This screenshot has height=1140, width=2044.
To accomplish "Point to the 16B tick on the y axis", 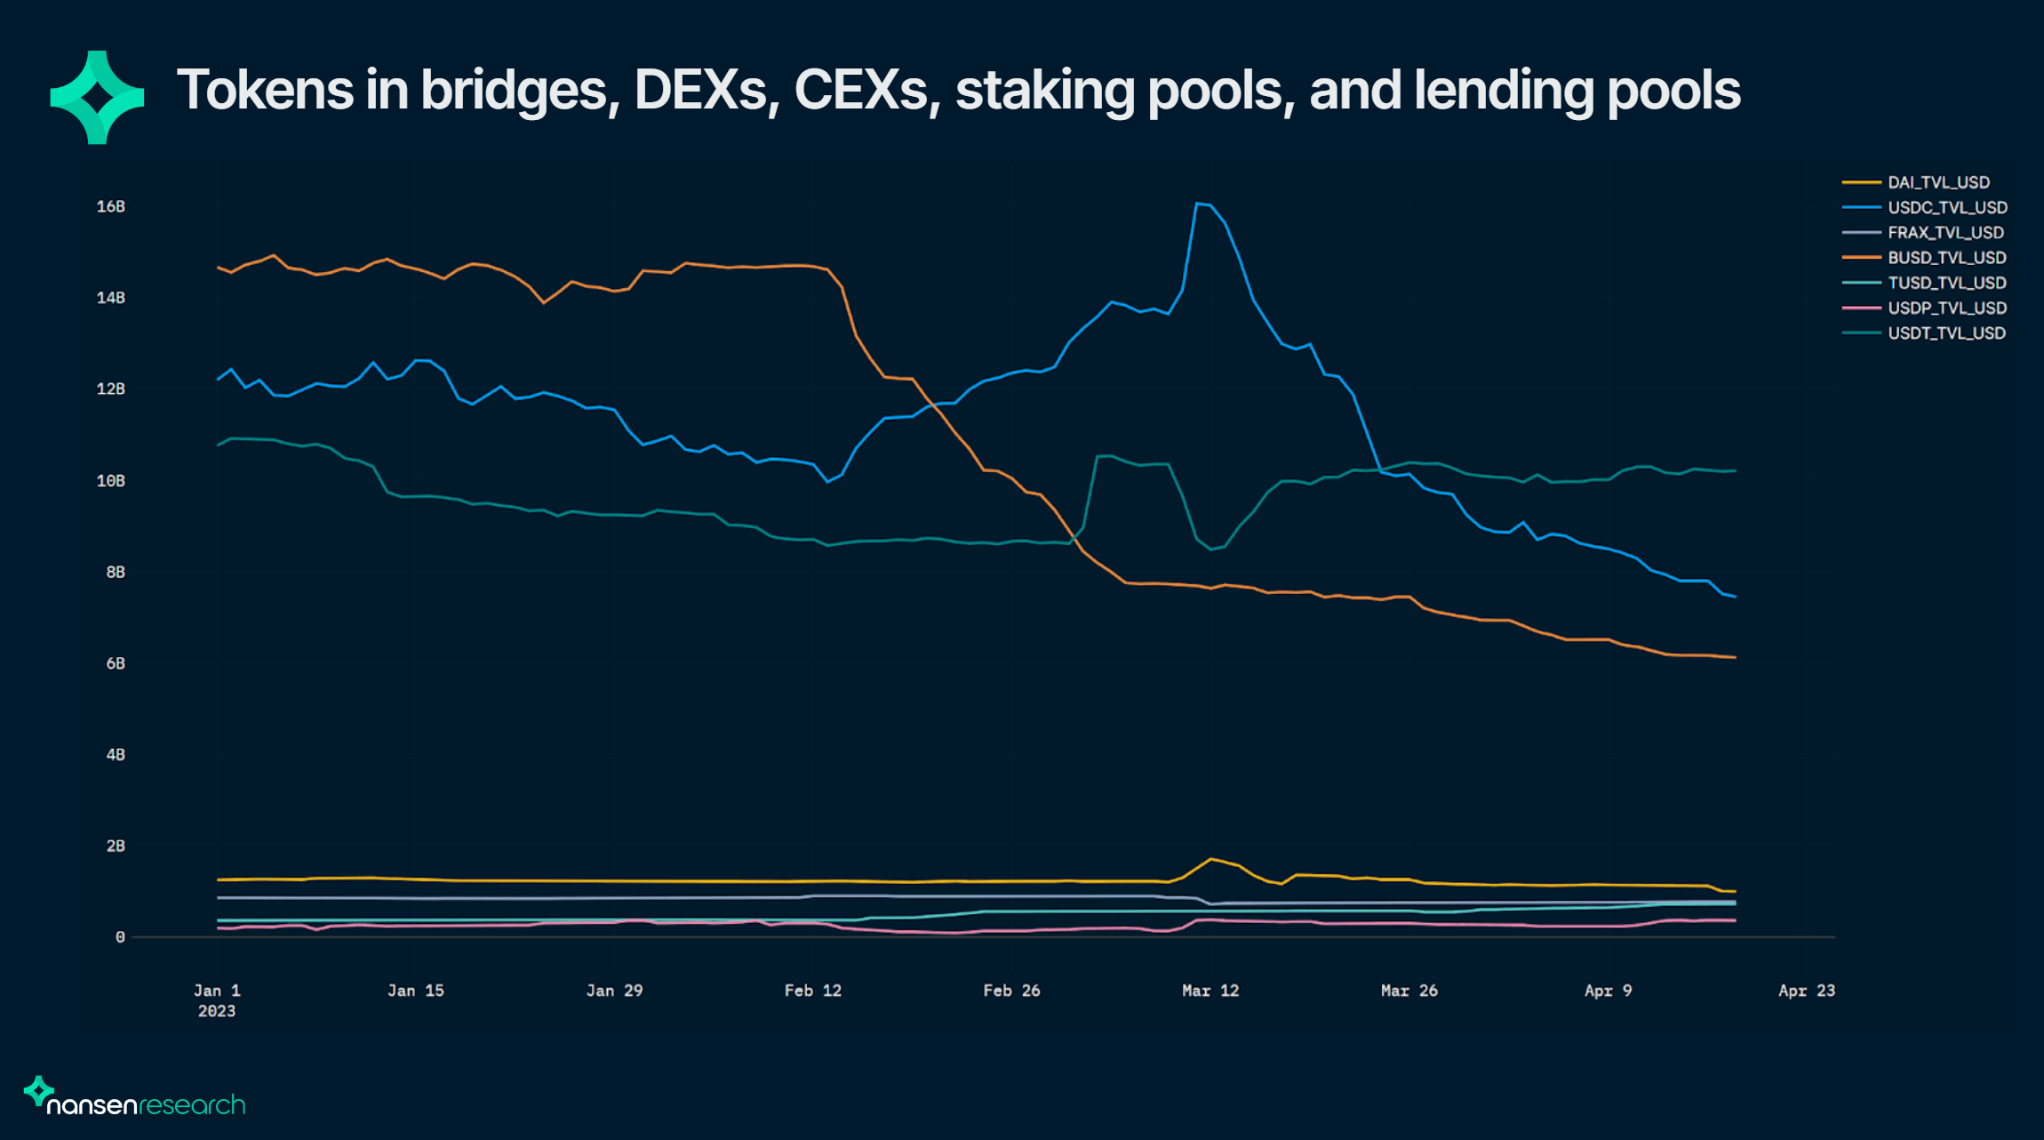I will click(x=111, y=206).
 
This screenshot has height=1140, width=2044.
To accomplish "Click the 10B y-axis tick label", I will click(x=111, y=481).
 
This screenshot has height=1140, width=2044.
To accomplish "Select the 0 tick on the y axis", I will click(x=120, y=937).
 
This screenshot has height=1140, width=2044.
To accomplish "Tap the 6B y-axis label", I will click(x=116, y=663).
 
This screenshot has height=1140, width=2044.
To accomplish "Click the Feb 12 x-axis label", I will click(x=812, y=991).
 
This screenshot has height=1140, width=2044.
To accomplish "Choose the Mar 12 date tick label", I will click(x=1210, y=991).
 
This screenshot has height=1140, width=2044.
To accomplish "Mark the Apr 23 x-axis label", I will click(x=1807, y=991).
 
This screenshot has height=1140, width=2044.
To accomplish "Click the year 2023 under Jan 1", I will click(x=217, y=1011).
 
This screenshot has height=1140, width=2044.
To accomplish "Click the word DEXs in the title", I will click(x=701, y=90).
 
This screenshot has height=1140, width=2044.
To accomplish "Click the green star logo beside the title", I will click(x=97, y=97).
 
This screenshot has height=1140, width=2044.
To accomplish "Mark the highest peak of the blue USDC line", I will click(x=1198, y=204).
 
